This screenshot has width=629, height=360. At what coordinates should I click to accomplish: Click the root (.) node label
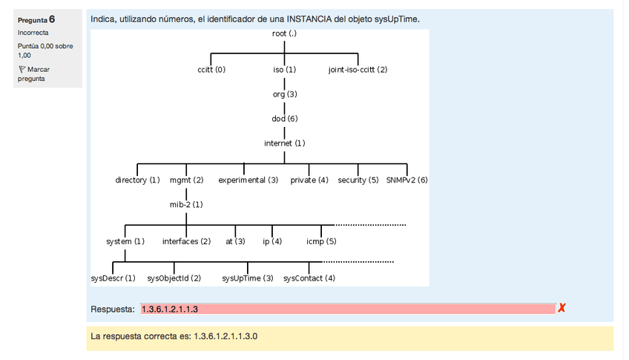pos(285,33)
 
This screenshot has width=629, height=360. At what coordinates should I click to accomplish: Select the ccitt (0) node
pos(211,70)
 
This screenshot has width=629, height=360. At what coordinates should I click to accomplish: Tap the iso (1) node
pos(285,70)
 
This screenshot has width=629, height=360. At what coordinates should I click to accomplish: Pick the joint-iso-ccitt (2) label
pos(358,70)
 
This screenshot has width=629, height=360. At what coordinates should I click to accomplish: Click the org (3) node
pos(285,94)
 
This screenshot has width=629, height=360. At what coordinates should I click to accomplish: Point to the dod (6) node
pos(285,119)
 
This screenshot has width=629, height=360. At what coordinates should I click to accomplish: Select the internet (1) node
pos(285,143)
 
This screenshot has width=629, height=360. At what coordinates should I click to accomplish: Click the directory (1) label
pos(138,180)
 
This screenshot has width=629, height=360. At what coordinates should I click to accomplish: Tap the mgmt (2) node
pos(186,180)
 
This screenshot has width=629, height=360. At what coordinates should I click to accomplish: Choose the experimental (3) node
pos(248,180)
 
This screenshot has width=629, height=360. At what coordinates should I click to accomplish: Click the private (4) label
pos(309,180)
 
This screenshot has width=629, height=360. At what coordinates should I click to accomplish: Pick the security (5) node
pos(358,180)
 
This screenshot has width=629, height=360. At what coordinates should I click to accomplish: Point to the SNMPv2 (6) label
pos(407,180)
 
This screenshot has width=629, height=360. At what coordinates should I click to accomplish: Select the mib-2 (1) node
pos(186,204)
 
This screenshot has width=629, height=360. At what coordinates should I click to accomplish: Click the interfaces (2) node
pos(186,242)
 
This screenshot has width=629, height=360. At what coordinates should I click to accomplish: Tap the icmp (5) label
pos(321,242)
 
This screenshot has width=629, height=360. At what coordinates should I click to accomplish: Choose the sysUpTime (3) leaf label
pos(248,278)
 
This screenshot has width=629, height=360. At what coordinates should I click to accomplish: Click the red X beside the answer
pos(562,308)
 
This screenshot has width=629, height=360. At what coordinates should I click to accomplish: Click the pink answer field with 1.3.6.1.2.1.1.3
pos(347,309)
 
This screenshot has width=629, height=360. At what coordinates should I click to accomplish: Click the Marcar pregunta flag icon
pos(22,69)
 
